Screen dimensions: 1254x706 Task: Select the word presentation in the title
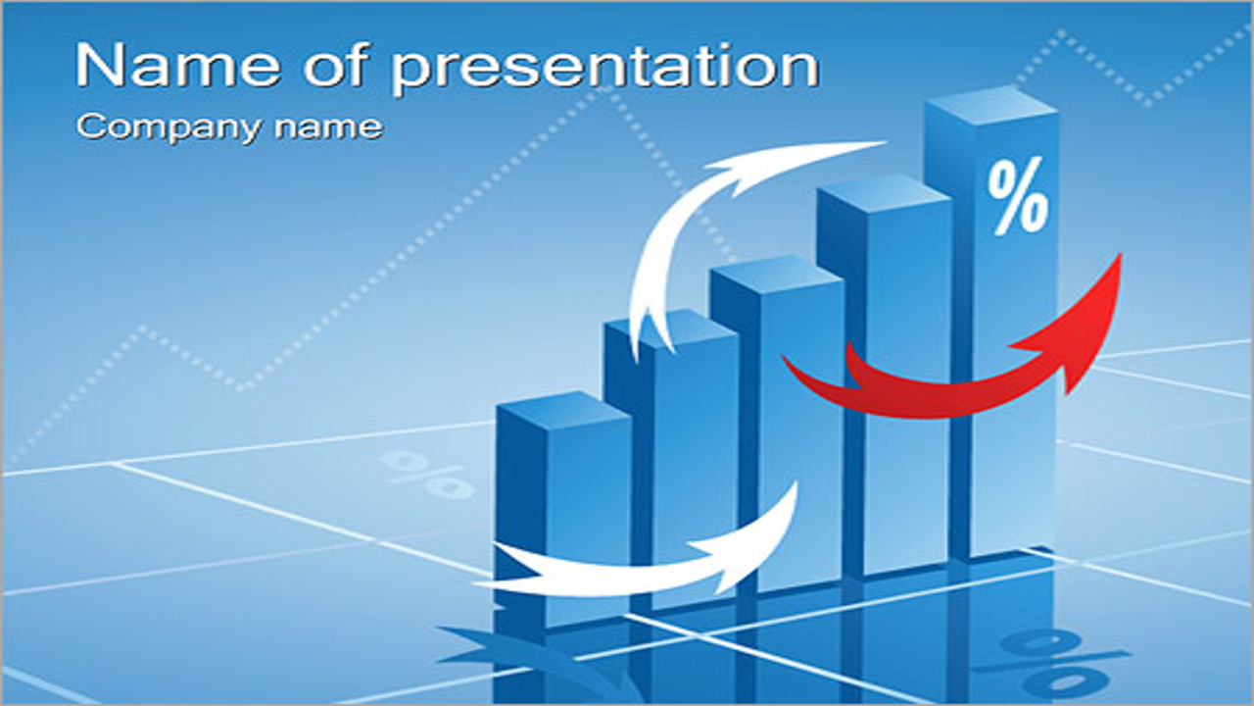coord(605,70)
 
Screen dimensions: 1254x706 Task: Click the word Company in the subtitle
coord(169,127)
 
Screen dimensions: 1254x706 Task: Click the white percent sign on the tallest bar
coord(1018,195)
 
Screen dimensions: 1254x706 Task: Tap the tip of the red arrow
coord(1122,253)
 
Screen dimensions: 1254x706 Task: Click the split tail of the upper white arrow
coord(652,336)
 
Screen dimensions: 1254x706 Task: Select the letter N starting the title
coord(99,66)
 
